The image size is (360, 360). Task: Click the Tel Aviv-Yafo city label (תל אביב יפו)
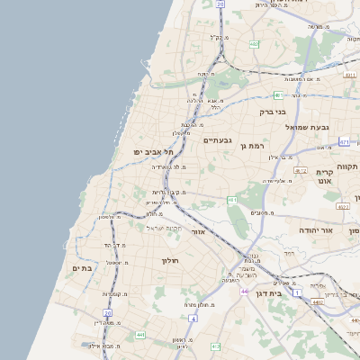pyautogui.click(x=155, y=152)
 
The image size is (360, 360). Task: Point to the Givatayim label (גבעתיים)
pyautogui.click(x=218, y=140)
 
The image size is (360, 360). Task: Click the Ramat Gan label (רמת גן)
pyautogui.click(x=256, y=146)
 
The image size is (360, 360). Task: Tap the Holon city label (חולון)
pyautogui.click(x=170, y=260)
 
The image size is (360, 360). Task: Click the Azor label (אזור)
pyautogui.click(x=199, y=231)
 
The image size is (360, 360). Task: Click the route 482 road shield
pyautogui.click(x=255, y=43)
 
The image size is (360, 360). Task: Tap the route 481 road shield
pyautogui.click(x=278, y=94)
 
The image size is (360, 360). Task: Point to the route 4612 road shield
pyautogui.click(x=301, y=170)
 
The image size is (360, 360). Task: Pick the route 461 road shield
pyautogui.click(x=231, y=200)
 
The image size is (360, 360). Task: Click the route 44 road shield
pyautogui.click(x=244, y=292)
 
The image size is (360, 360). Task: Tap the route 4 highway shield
pyautogui.click(x=193, y=318)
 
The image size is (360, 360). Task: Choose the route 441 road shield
pyautogui.click(x=140, y=335)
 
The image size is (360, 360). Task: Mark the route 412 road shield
pyautogui.click(x=215, y=346)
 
